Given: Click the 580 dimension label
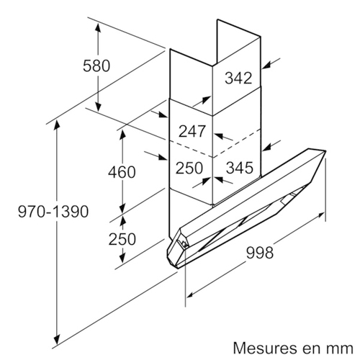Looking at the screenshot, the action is [96, 66].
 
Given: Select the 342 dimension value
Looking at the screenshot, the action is [238, 78].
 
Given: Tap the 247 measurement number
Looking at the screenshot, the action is [192, 131].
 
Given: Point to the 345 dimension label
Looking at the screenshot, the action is [240, 168].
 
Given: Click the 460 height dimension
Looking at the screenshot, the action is [122, 172].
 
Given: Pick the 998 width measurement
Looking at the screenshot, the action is [260, 253].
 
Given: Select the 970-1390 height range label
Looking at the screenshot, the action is [53, 212].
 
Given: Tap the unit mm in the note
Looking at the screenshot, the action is [341, 349].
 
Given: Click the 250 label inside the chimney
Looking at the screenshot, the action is [189, 168].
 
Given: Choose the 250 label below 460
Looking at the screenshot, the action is [122, 239].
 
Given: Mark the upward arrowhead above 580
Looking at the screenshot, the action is [98, 30].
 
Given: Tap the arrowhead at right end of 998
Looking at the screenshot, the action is [320, 215].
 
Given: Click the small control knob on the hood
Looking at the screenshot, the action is [185, 244].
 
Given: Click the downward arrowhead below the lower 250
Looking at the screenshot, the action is [123, 257].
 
